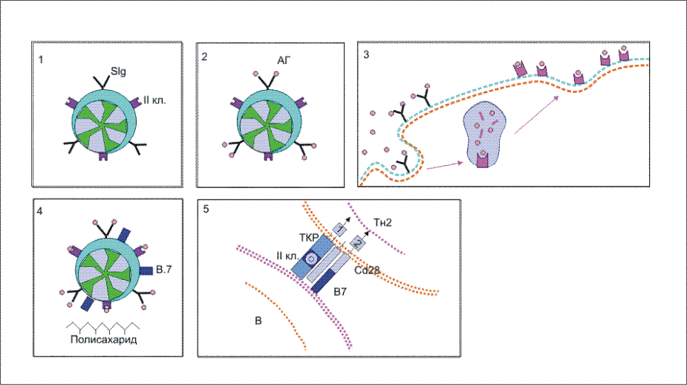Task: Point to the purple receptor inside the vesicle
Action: (485, 158)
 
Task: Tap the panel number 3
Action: (366, 54)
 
